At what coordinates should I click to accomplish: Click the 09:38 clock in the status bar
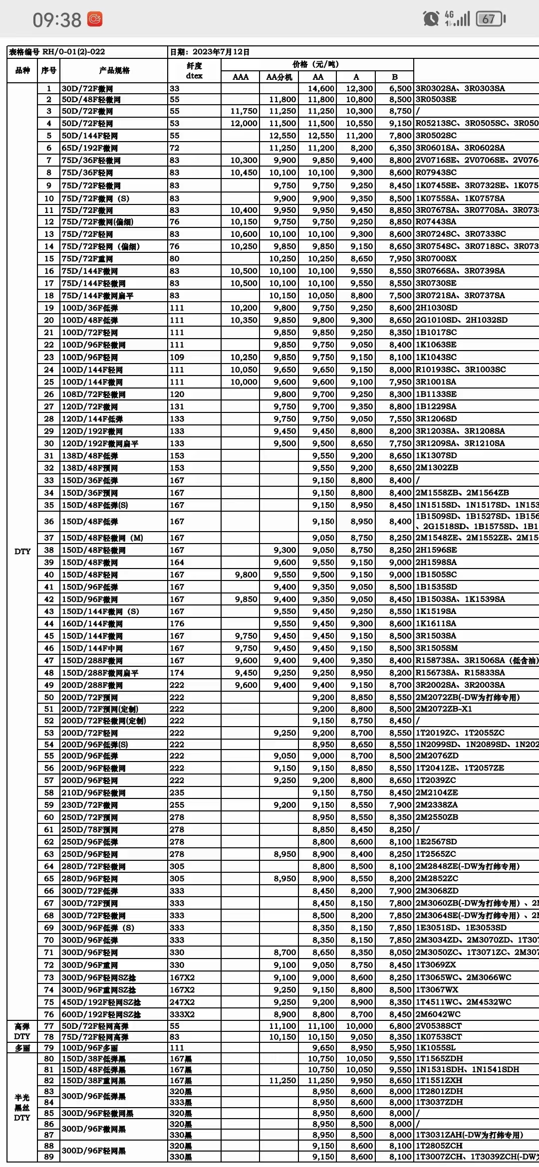(x=57, y=20)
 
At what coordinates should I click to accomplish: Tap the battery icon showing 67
(x=491, y=19)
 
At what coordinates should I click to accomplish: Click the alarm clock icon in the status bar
(x=430, y=19)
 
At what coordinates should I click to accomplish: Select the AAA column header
(x=241, y=77)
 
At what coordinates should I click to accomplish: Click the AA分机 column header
(x=279, y=77)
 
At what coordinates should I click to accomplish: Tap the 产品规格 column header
(x=114, y=70)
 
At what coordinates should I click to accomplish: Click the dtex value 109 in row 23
(x=177, y=357)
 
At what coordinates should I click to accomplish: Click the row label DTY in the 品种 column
(x=22, y=551)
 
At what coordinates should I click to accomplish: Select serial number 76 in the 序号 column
(x=48, y=1014)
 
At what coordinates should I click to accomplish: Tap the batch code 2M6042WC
(x=438, y=1014)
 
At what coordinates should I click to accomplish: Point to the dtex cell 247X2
(x=182, y=1001)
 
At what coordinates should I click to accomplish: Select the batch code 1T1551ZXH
(x=439, y=1080)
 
